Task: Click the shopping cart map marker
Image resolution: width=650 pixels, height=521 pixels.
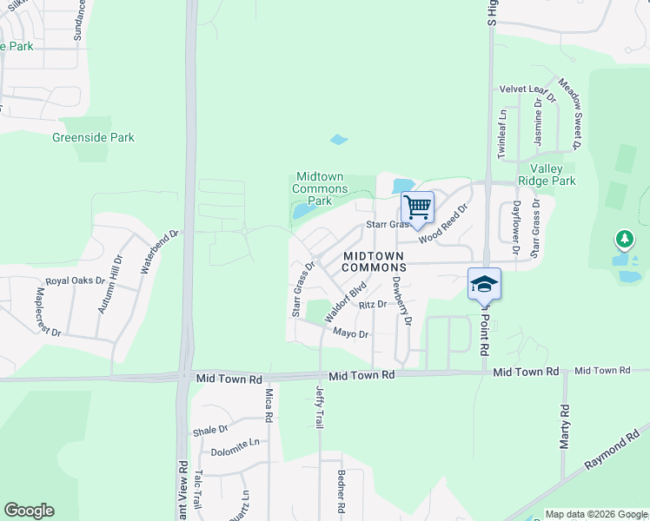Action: click(x=418, y=207)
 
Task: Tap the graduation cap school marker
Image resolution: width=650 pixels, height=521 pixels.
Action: click(x=484, y=283)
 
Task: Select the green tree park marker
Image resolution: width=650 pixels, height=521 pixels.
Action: click(x=623, y=238)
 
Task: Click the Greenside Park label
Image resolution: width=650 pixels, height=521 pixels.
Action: click(x=93, y=137)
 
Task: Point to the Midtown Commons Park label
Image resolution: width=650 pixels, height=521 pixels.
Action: click(x=320, y=188)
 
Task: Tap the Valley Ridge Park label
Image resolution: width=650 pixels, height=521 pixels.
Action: click(x=554, y=175)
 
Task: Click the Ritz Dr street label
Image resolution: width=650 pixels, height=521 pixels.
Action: click(x=372, y=305)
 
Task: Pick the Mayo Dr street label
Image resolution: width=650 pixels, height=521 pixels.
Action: click(x=352, y=333)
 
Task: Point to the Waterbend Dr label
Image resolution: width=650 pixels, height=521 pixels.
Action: click(x=159, y=252)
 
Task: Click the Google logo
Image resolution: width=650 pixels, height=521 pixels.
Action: click(x=29, y=511)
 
